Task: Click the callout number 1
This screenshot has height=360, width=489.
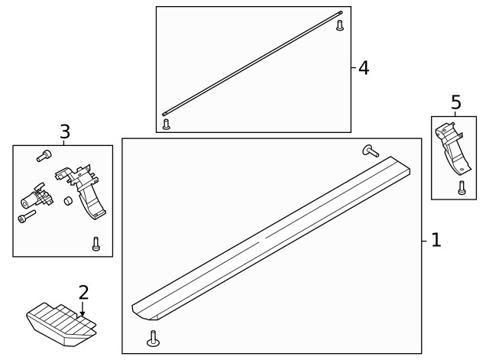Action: coord(436,240)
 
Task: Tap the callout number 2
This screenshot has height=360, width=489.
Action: coord(83,292)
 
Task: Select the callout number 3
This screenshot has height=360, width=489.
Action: coord(65,131)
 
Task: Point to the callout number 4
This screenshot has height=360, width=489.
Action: coord(364,68)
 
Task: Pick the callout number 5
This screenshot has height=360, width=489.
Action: coord(456,102)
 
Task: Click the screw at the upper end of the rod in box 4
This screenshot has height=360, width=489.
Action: coord(340,25)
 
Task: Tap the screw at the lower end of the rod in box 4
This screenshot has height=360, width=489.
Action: coord(167,124)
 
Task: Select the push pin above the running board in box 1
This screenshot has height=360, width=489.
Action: coord(371,151)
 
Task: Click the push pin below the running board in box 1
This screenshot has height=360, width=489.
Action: coord(153,339)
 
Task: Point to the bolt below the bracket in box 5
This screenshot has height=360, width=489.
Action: coord(462,188)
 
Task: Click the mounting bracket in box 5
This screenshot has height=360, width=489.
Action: coord(452,149)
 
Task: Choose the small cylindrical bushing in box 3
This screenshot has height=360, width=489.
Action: coord(68,201)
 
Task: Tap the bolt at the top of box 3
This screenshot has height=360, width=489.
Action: coord(44,155)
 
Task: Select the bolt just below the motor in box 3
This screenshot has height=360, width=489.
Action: coord(27,216)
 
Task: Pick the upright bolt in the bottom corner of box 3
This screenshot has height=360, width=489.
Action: coord(96,244)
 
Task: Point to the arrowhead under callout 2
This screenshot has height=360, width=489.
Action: coord(83,313)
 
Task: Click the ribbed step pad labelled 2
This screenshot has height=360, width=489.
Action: coord(61,324)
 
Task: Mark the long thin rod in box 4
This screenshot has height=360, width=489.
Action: coord(252,63)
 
